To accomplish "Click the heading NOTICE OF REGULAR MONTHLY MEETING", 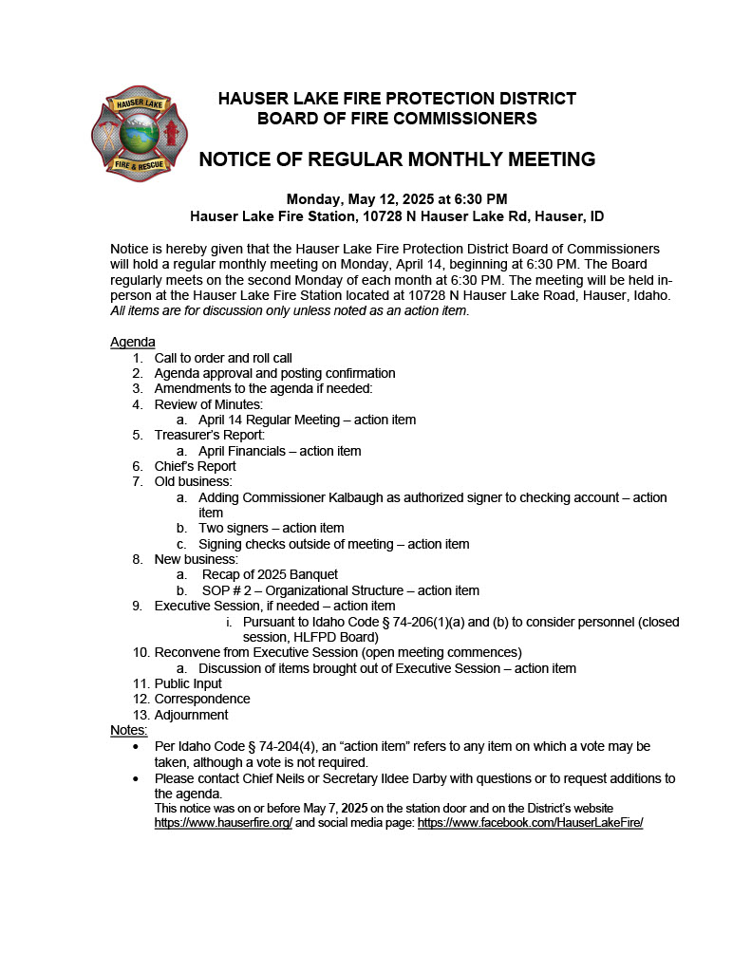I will pyautogui.click(x=397, y=159).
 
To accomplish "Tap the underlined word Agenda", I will pyautogui.click(x=133, y=342).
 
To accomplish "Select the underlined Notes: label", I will pyautogui.click(x=129, y=730).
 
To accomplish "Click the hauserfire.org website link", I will pyautogui.click(x=223, y=823).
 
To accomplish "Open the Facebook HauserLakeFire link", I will pyautogui.click(x=530, y=823).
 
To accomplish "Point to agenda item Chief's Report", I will pyautogui.click(x=195, y=466).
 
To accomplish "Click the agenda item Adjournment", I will pyautogui.click(x=191, y=715).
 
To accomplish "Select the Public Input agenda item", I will pyautogui.click(x=188, y=683).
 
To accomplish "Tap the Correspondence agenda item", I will pyautogui.click(x=202, y=699).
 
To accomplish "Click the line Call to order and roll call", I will pyautogui.click(x=223, y=358).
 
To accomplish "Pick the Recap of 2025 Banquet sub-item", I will pyautogui.click(x=270, y=574).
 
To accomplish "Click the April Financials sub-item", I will pyautogui.click(x=279, y=451).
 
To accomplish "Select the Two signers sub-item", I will pyautogui.click(x=271, y=528).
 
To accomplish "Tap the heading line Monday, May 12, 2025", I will pyautogui.click(x=397, y=199).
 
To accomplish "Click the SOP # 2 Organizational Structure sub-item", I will pyautogui.click(x=339, y=590).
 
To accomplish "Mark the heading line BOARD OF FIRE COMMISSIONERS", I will pyautogui.click(x=397, y=119).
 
